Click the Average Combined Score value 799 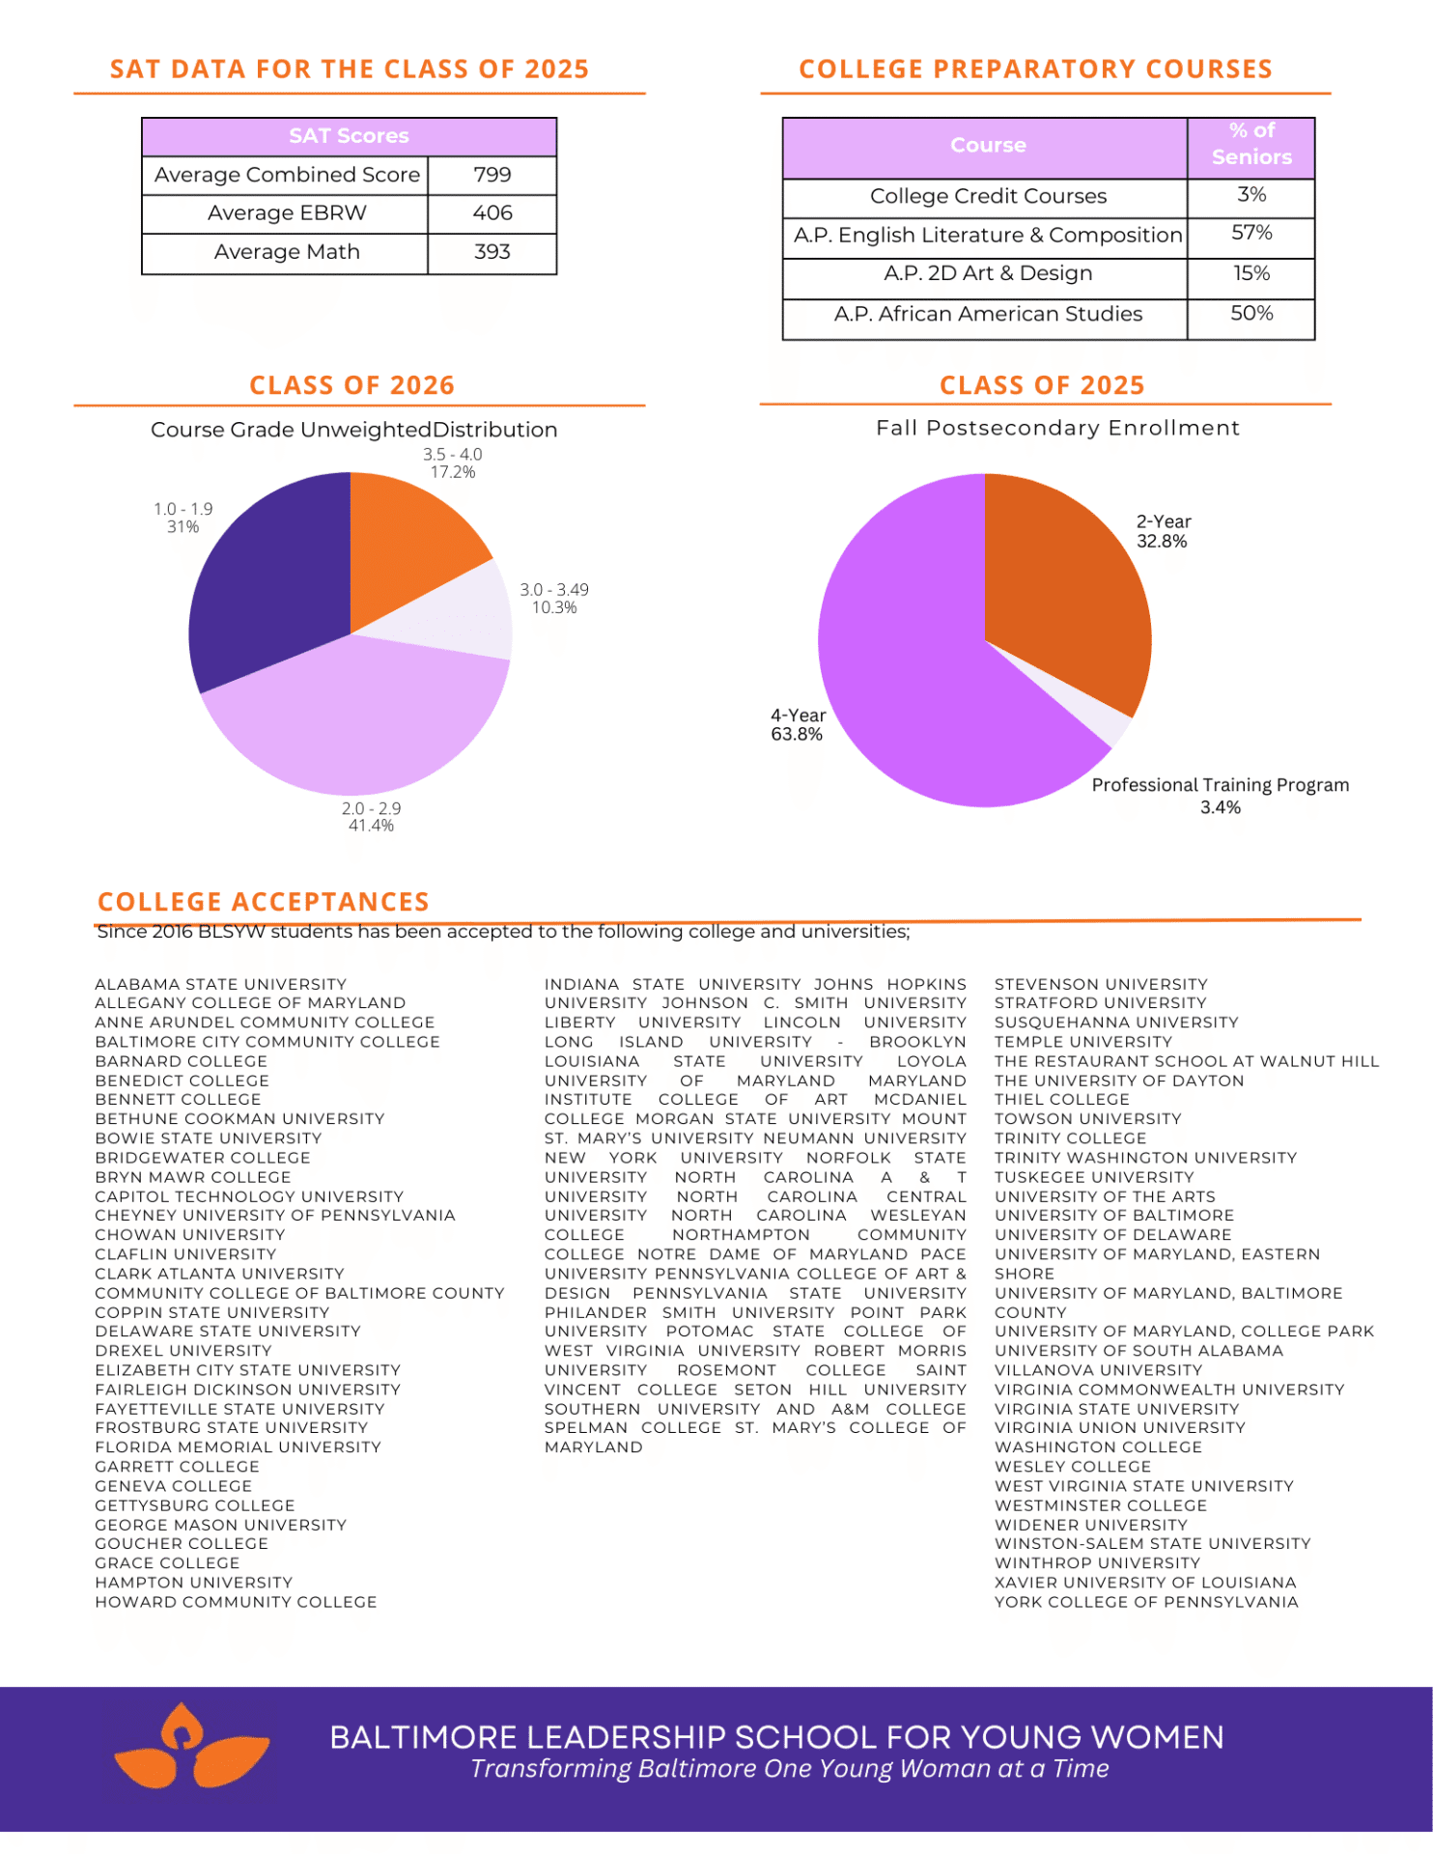492,175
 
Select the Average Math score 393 492,252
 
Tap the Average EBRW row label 287,213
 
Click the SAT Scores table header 349,136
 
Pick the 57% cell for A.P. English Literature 1250,234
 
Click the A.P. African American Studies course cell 987,314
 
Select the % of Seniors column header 1250,144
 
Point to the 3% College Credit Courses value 1250,195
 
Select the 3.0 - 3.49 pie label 553,599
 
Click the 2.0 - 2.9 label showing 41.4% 371,817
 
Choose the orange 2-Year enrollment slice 1062,589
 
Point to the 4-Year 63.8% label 798,725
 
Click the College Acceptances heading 264,902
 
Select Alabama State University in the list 220,984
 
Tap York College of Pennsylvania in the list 1146,1602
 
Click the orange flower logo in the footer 189,1747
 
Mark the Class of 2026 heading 351,385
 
